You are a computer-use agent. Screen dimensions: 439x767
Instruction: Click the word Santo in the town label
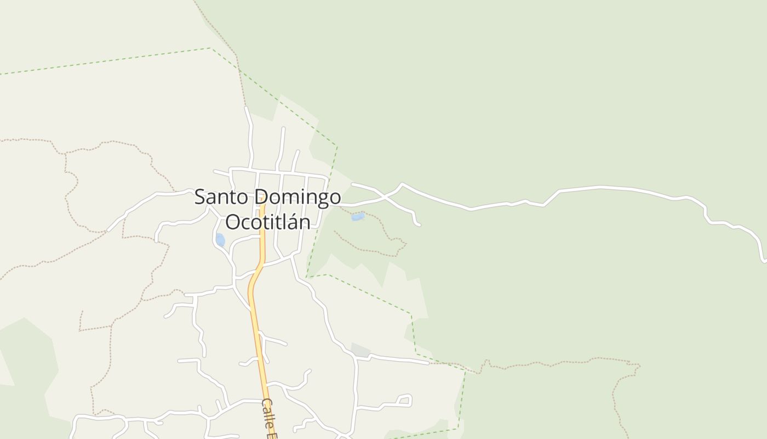click(220, 198)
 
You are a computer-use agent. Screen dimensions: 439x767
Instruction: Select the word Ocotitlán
click(267, 222)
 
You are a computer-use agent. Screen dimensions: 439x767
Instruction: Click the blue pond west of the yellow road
click(220, 240)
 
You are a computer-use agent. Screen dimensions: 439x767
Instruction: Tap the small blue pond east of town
click(358, 217)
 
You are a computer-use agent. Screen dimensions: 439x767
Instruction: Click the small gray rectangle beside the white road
click(360, 350)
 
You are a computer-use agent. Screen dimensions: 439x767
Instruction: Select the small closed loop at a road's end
click(405, 400)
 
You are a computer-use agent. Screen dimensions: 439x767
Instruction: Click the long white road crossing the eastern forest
click(603, 188)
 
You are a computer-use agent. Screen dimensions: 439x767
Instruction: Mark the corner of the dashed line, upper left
click(211, 48)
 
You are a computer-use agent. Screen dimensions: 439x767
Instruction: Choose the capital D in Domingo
click(261, 198)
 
